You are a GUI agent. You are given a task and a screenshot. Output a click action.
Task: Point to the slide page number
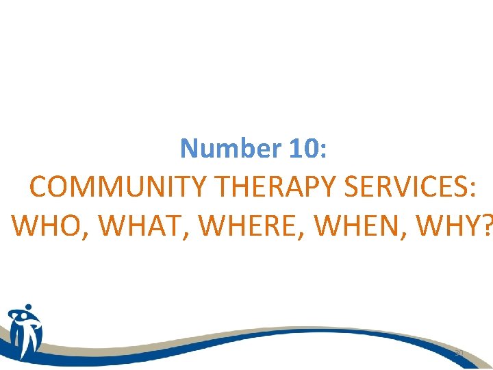click(459, 353)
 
